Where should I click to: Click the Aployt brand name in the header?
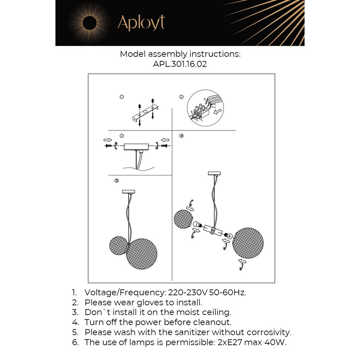(141, 23)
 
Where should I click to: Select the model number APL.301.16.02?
(180, 65)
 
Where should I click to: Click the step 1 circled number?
(122, 97)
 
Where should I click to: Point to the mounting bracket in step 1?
(144, 114)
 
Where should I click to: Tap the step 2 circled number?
(181, 97)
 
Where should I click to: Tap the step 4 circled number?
(181, 136)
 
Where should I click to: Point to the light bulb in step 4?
(197, 226)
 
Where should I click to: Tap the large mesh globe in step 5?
(143, 254)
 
